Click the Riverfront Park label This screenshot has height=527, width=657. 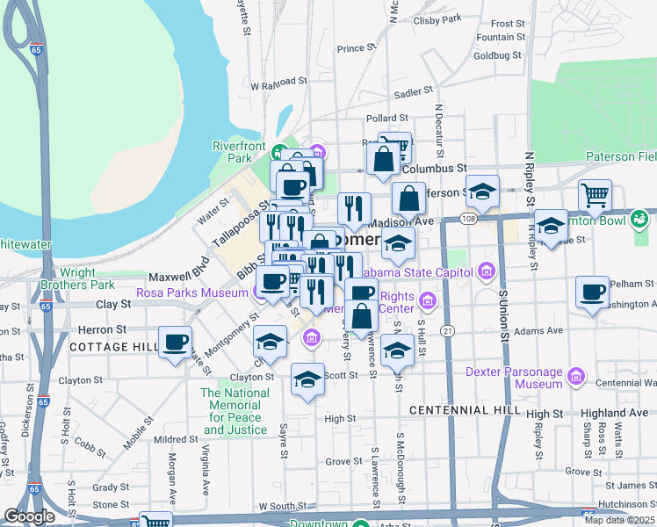[238, 152]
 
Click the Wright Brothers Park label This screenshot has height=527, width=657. [78, 278]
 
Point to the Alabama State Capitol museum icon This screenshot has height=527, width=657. [487, 271]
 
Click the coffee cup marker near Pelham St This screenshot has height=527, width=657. [592, 292]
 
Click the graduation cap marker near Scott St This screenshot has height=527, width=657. [307, 379]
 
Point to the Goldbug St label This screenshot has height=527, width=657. [498, 54]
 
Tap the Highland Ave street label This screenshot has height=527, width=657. [614, 413]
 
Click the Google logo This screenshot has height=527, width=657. [29, 516]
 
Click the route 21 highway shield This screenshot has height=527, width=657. [448, 330]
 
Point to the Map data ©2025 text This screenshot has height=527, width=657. [619, 520]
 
